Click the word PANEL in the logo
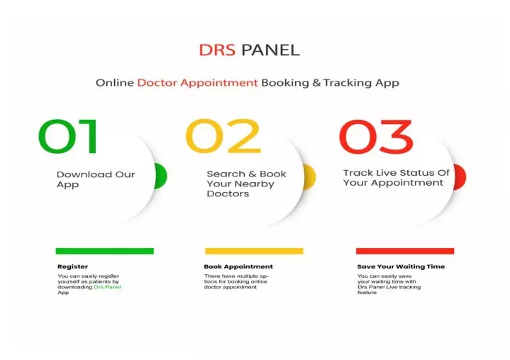click(x=270, y=50)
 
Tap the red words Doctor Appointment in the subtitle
click(x=197, y=83)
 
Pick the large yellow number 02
click(x=223, y=137)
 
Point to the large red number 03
click(x=376, y=137)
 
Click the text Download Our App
click(x=95, y=179)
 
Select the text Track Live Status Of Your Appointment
click(x=396, y=177)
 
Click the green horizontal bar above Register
click(x=104, y=251)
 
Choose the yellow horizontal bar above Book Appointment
click(x=254, y=251)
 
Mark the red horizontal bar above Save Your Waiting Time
click(x=404, y=251)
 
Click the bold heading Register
click(x=72, y=266)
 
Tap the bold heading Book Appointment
click(x=238, y=266)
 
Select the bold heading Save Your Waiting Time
click(x=401, y=266)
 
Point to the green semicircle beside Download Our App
click(x=161, y=176)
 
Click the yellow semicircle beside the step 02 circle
click(x=310, y=177)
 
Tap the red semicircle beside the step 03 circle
click(x=460, y=177)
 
